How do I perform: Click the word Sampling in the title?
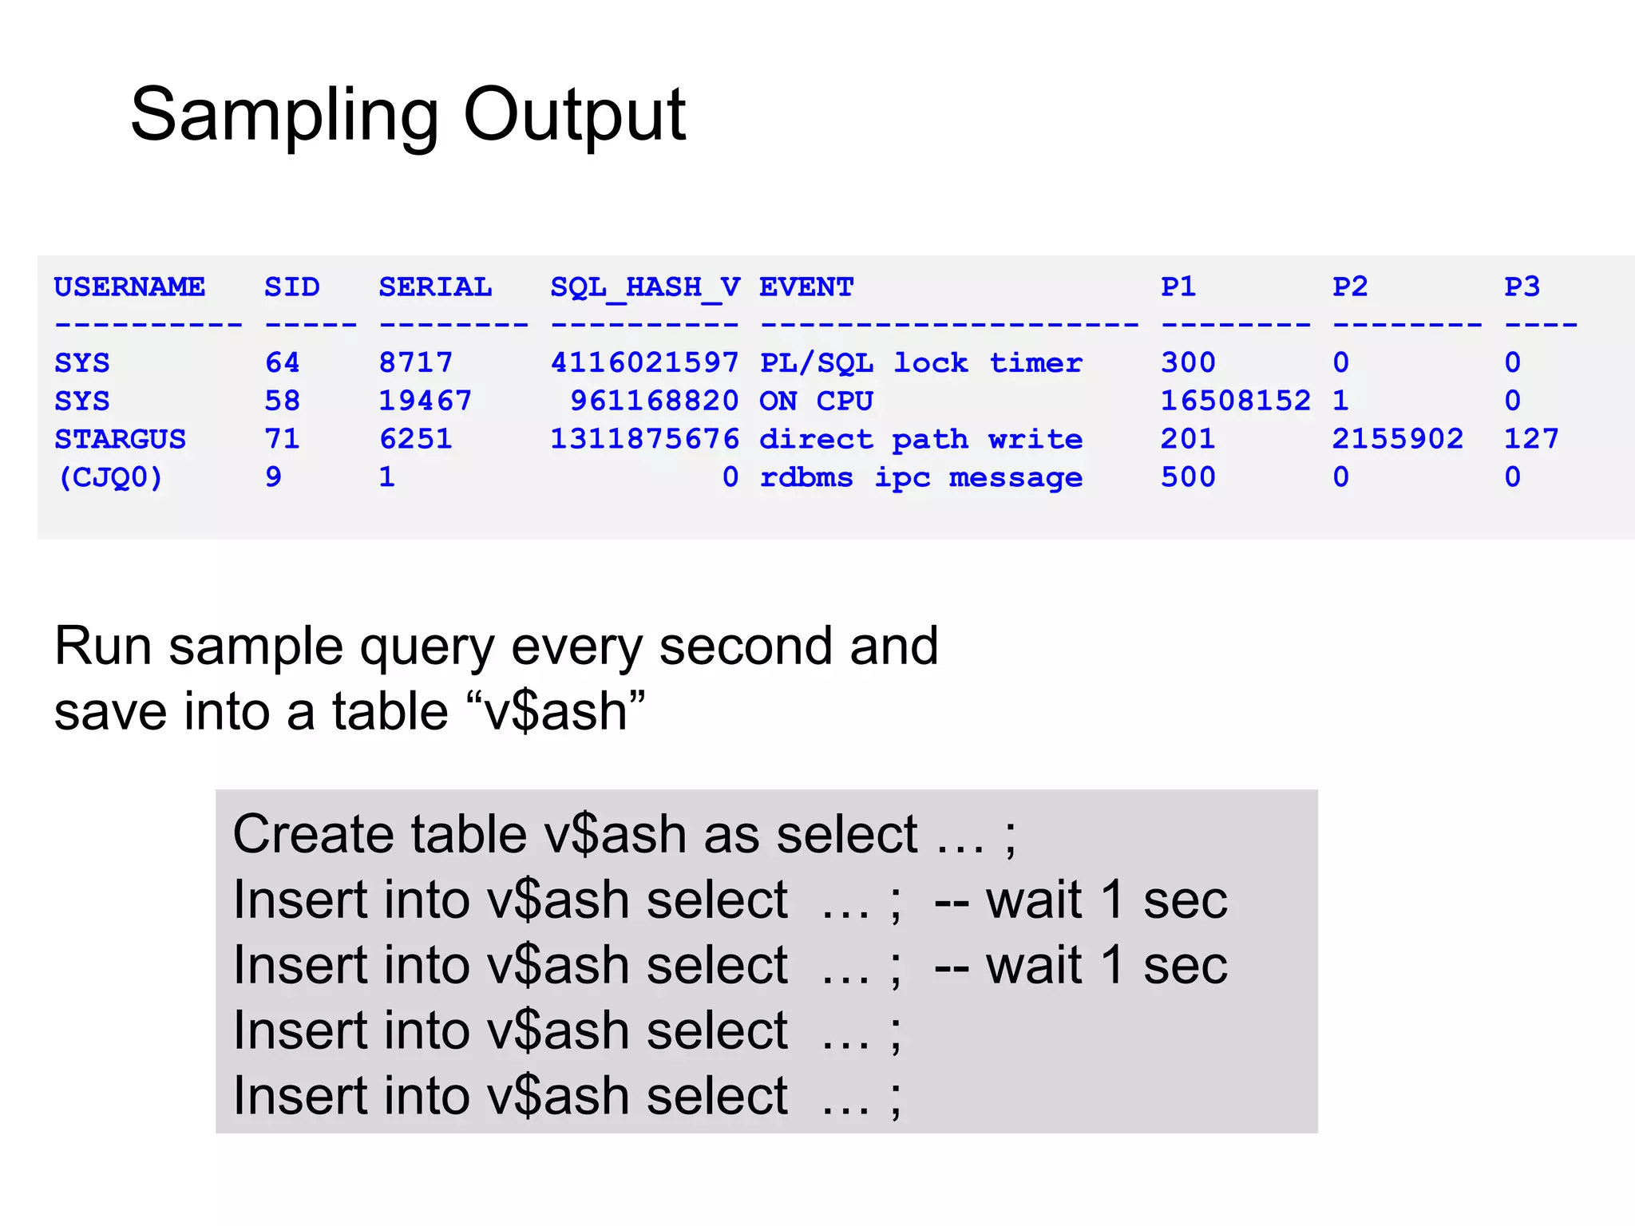(x=283, y=116)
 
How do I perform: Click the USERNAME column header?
(x=129, y=287)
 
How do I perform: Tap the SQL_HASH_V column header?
(x=645, y=287)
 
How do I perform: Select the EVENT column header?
(x=806, y=287)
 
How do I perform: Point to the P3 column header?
(x=1522, y=287)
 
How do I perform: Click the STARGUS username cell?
(x=120, y=439)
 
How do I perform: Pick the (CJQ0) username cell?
(x=110, y=477)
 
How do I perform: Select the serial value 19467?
(x=425, y=401)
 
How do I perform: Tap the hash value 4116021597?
(x=645, y=363)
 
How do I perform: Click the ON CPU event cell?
(x=816, y=401)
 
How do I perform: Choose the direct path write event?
(x=920, y=439)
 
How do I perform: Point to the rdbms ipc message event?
(x=920, y=477)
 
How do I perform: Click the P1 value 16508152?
(x=1235, y=401)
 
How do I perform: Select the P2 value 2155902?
(x=1397, y=439)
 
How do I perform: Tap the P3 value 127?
(x=1531, y=439)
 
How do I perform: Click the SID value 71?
(x=283, y=439)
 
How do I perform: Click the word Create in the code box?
(x=312, y=835)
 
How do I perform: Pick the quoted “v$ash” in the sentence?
(x=554, y=711)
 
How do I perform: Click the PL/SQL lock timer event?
(x=920, y=363)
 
